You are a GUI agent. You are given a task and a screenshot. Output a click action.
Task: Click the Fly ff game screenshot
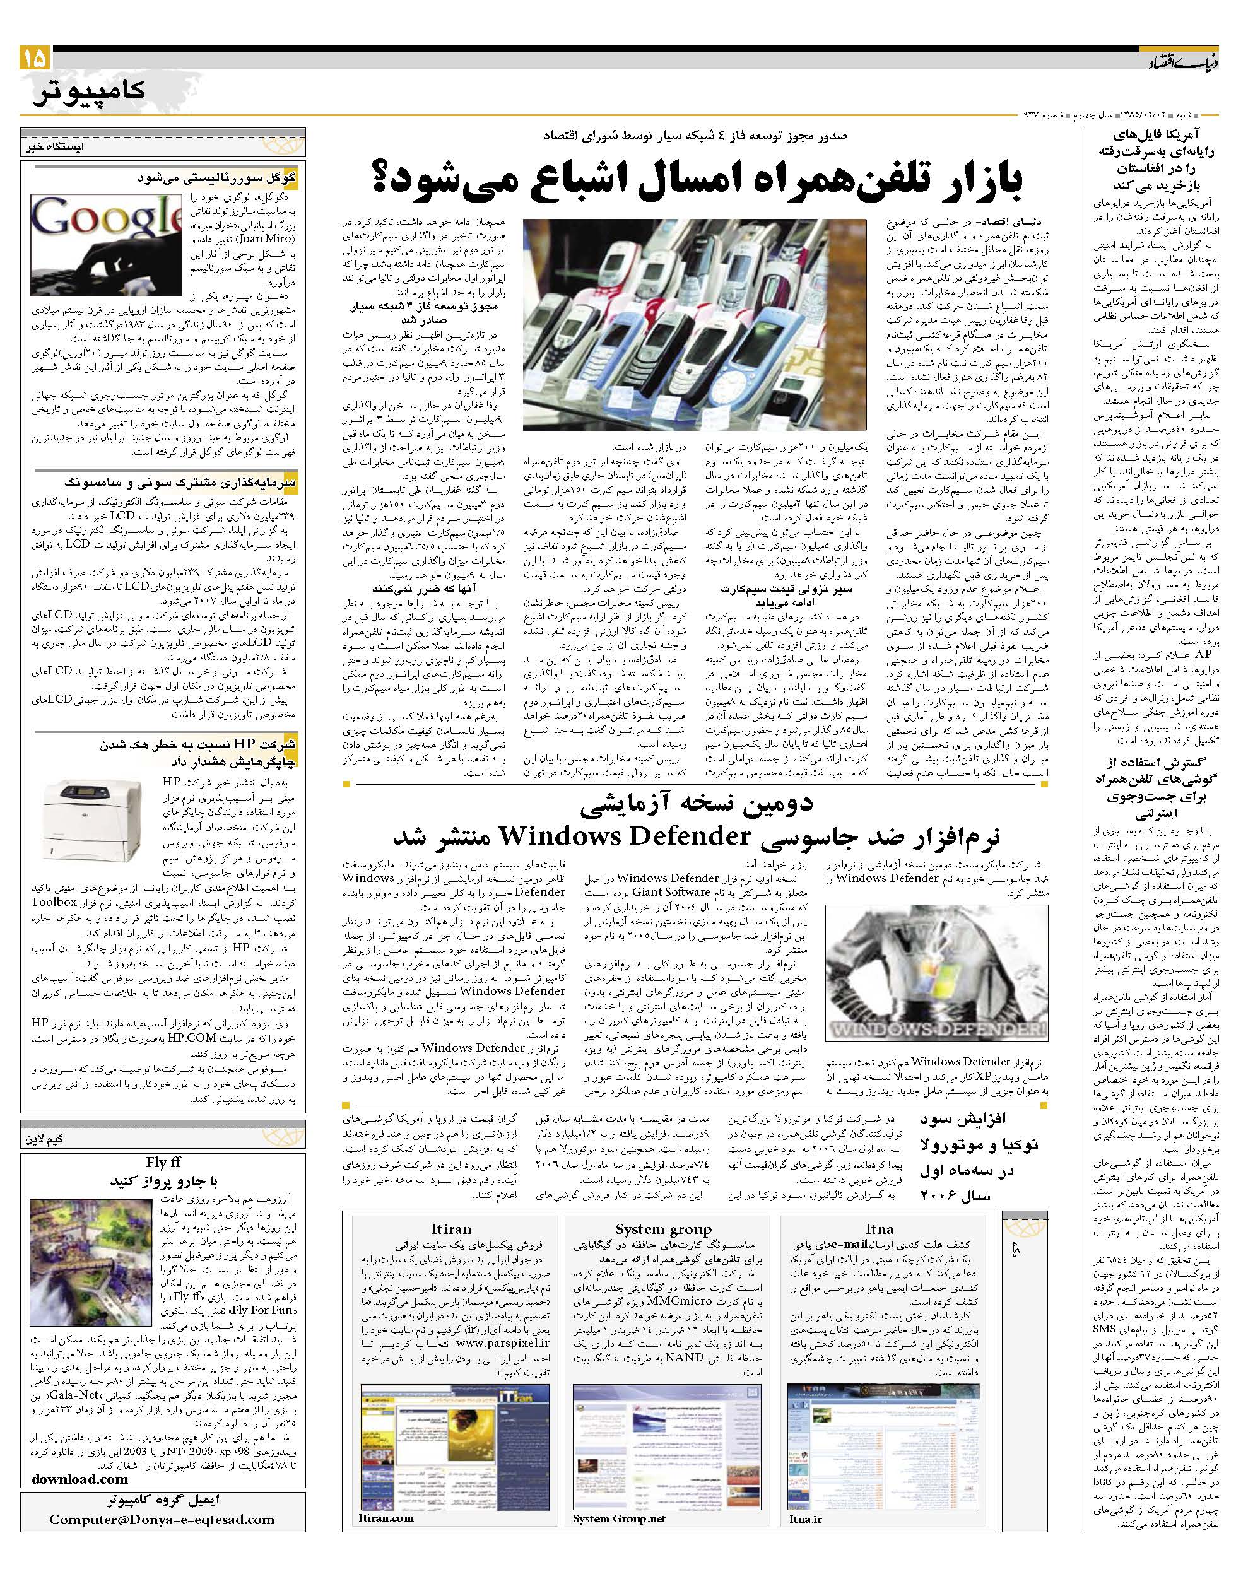[90, 1272]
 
